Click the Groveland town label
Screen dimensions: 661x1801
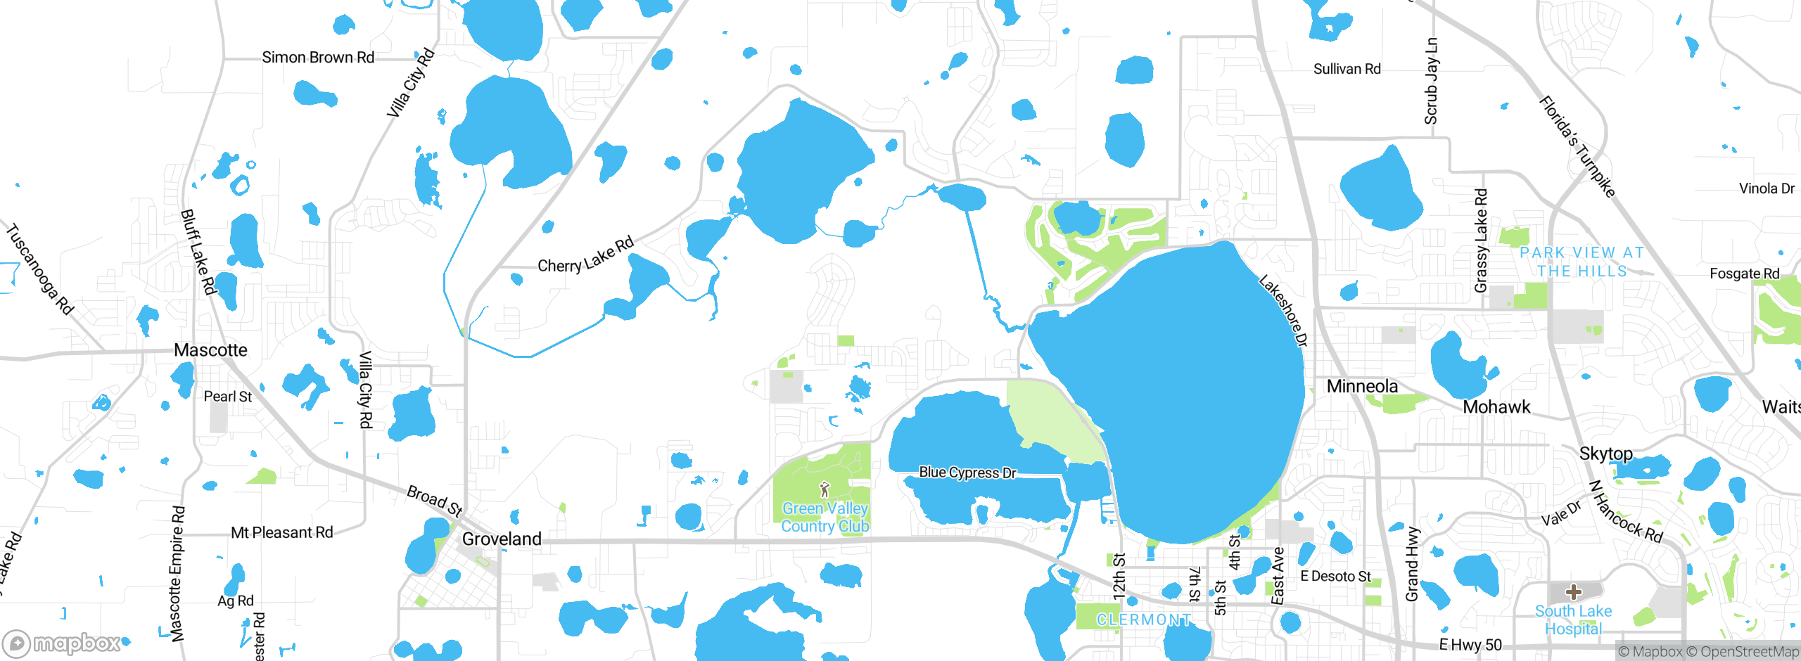[x=502, y=539]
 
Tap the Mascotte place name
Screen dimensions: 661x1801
[x=210, y=350]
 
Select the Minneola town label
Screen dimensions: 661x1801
[x=1362, y=386]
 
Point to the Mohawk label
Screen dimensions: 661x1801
[x=1496, y=407]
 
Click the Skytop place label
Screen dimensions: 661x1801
[x=1605, y=454]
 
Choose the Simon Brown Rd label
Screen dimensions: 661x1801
[x=318, y=58]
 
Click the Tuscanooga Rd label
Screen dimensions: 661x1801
[x=40, y=269]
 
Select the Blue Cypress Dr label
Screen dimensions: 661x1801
[x=967, y=473]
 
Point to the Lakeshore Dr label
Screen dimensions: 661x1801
[x=1283, y=311]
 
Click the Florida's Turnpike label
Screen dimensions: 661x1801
[x=1577, y=147]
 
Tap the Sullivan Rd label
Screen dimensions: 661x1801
[x=1347, y=69]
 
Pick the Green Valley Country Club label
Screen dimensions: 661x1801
[x=825, y=518]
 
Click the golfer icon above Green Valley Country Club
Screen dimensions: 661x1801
[x=825, y=489]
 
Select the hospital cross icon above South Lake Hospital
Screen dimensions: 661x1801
[x=1574, y=592]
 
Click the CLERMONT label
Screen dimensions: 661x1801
[x=1144, y=620]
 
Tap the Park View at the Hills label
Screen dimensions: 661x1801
[x=1582, y=262]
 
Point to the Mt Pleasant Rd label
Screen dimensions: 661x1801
[x=282, y=533]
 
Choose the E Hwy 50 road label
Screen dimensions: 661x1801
[x=1470, y=645]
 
